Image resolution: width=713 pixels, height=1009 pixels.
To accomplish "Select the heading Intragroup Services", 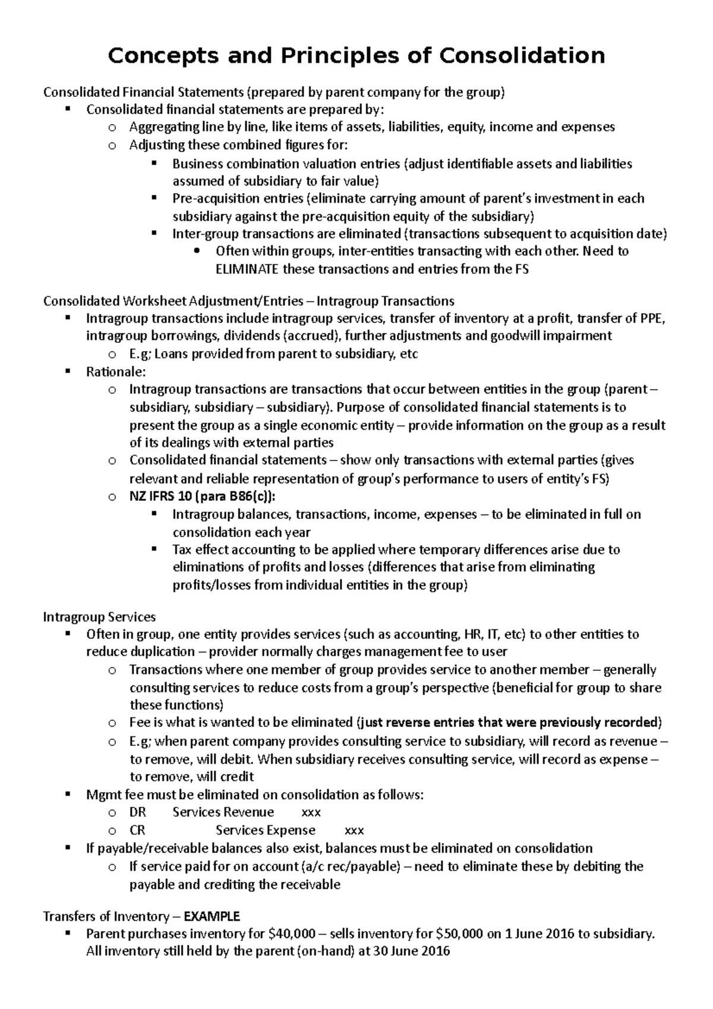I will tap(99, 617).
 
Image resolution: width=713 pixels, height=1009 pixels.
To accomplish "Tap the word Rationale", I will tap(114, 372).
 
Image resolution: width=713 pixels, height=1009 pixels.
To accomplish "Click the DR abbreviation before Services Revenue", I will tap(137, 812).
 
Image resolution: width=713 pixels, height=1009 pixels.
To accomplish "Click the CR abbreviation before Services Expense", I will tap(137, 830).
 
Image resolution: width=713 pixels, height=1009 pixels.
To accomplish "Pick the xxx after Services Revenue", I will tap(312, 812).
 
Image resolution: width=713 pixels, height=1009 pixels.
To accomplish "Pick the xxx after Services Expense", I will tap(354, 830).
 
